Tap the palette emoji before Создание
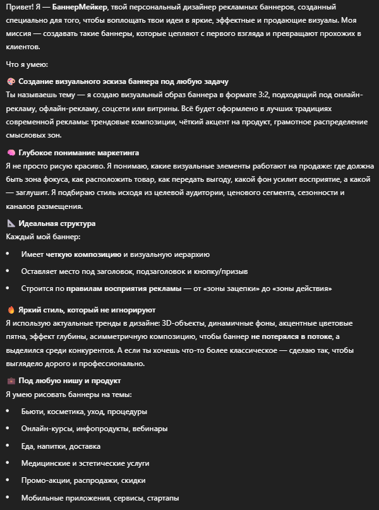[11, 82]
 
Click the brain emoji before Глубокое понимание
[11, 153]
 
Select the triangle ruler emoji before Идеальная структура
[11, 223]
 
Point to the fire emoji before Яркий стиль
[11, 311]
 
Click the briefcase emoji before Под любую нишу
[11, 381]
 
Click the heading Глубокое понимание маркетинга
[79, 153]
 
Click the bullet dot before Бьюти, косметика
[7, 412]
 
